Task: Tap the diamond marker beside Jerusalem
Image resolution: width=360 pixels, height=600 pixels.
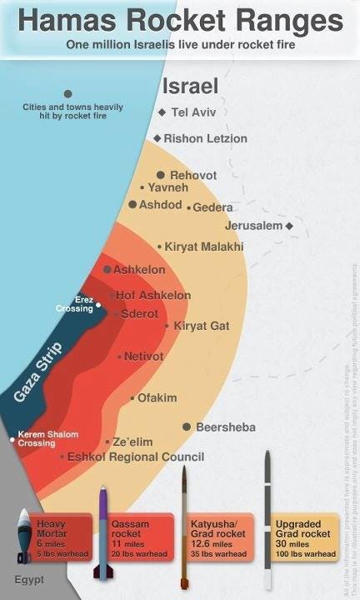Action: pos(289,226)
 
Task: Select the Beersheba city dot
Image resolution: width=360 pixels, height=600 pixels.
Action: pos(187,427)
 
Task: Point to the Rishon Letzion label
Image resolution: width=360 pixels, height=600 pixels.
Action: pos(205,137)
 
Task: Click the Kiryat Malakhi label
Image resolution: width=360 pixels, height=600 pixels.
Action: pos(204,247)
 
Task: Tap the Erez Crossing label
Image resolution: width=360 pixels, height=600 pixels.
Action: pos(74,304)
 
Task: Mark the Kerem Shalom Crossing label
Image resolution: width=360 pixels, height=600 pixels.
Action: pos(47,438)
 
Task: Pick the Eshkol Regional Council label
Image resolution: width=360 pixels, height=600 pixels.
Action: pos(135,457)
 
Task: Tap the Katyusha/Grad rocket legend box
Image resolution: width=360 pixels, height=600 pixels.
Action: pos(218,537)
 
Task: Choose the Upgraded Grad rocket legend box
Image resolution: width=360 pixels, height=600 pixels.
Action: pos(305,537)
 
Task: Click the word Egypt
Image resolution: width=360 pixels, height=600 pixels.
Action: pos(28,579)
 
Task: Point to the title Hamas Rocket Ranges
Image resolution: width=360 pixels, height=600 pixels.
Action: pos(179,20)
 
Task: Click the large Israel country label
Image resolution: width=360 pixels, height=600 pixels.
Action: pos(190,86)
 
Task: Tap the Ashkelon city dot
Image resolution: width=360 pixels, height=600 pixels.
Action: pos(107,269)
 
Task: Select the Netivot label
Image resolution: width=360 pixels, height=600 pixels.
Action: pos(143,356)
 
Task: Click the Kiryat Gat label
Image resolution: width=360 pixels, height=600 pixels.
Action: pos(201,326)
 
